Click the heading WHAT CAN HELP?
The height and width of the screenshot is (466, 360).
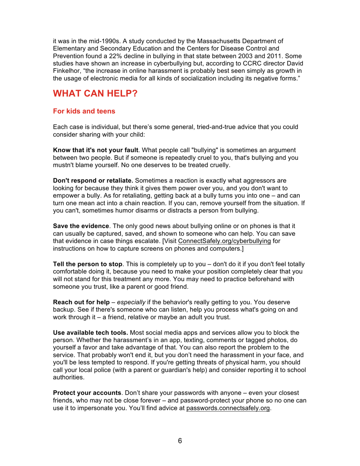click(x=95, y=94)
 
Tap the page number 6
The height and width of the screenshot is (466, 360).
click(x=180, y=441)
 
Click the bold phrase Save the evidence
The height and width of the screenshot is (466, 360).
click(x=81, y=226)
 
